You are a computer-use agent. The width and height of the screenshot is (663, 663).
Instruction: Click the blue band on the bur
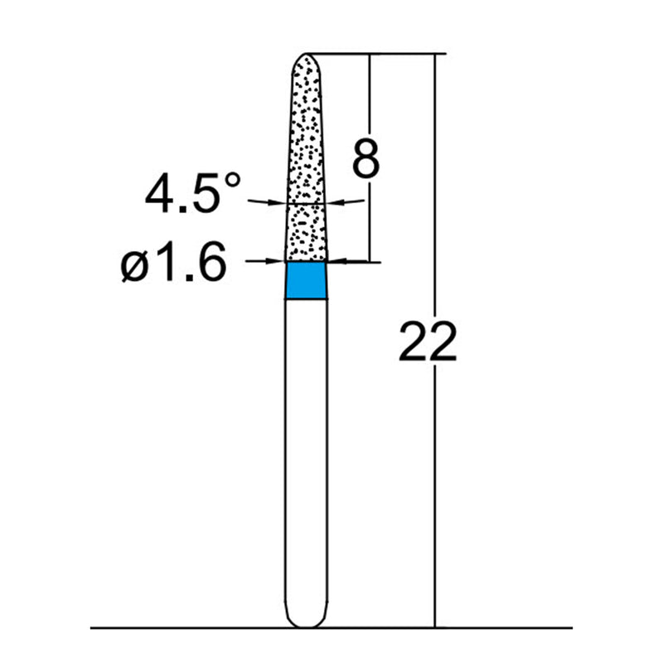tap(306, 280)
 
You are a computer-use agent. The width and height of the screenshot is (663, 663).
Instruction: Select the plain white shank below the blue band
tap(306, 456)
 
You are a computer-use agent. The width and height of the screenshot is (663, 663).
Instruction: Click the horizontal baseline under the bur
tap(166, 628)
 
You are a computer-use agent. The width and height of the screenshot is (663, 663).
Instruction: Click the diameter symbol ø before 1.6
tap(135, 266)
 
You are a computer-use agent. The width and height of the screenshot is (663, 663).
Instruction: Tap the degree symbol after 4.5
tap(235, 180)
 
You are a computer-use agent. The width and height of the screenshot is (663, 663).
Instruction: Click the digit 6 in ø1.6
tap(211, 265)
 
